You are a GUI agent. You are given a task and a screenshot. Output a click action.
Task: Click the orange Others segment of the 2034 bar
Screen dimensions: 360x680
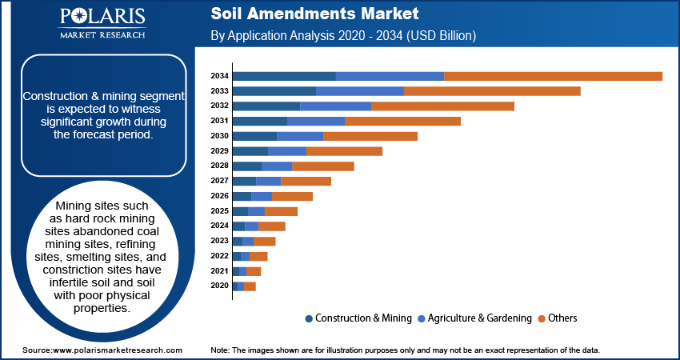553,76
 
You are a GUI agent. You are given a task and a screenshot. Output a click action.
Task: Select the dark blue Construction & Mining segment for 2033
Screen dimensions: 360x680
274,91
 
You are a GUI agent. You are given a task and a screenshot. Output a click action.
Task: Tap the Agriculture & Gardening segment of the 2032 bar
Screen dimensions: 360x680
335,106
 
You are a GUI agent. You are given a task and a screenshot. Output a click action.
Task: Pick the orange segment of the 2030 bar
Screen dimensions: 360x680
370,136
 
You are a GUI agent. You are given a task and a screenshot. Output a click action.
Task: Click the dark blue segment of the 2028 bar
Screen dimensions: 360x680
246,166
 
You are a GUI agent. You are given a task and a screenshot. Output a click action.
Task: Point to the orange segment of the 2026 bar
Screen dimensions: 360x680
292,196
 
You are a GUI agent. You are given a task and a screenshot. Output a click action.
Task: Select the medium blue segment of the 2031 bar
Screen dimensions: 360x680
316,121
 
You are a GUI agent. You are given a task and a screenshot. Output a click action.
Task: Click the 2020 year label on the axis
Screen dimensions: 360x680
219,286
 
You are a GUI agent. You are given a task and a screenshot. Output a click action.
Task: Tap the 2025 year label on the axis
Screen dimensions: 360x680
219,211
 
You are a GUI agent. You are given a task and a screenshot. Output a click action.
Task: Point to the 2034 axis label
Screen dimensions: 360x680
219,76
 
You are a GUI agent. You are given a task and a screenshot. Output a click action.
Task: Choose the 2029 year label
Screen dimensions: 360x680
219,151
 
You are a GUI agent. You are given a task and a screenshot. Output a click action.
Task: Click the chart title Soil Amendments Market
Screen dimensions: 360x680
314,14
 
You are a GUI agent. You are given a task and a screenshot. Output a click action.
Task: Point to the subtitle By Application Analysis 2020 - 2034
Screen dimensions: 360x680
343,36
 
